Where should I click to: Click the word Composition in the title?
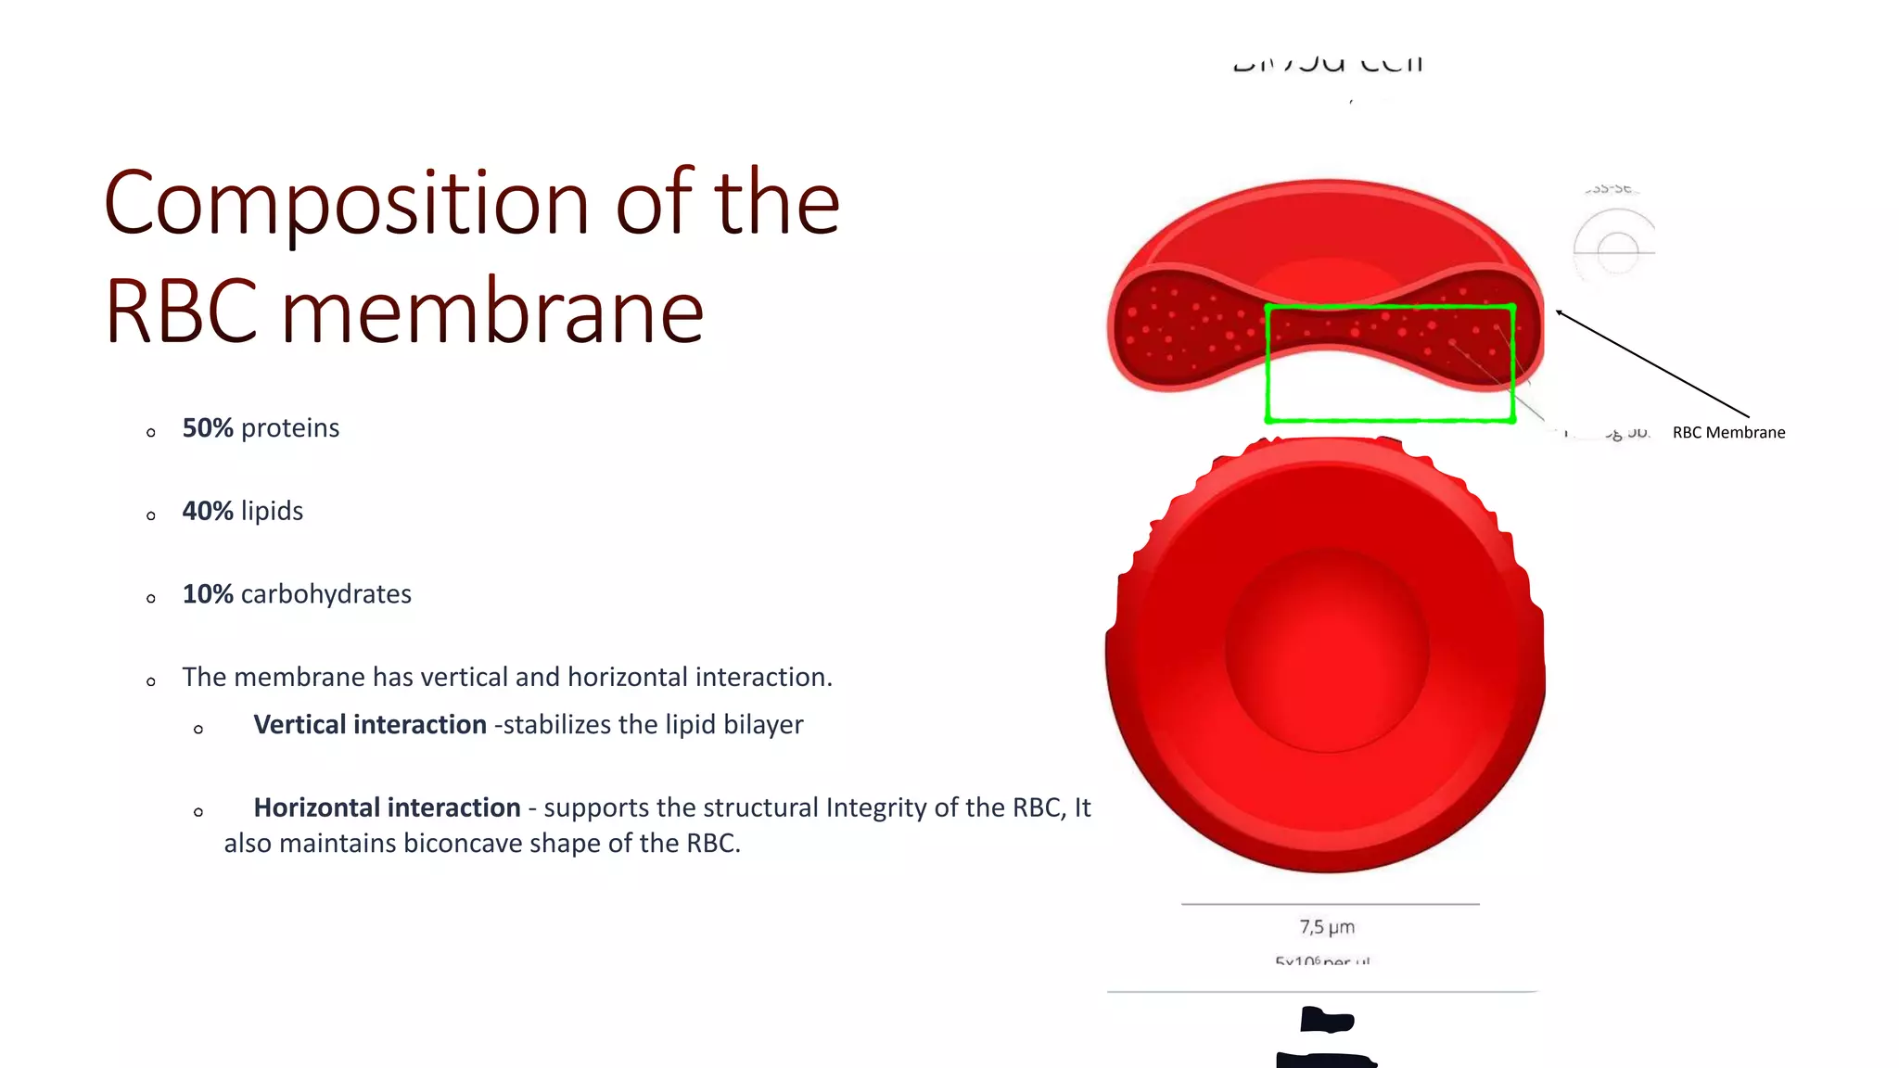coord(345,204)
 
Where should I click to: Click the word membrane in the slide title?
coord(492,312)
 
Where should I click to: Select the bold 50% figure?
coord(207,428)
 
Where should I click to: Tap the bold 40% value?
coord(207,511)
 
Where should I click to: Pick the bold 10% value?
coord(207,594)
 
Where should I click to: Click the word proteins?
coord(290,428)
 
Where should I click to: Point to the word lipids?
coord(272,511)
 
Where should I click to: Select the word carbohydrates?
coord(325,594)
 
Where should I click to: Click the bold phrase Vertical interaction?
coord(369,725)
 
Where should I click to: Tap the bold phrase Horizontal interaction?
coord(387,807)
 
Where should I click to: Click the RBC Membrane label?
coord(1728,433)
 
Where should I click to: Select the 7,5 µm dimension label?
coord(1327,927)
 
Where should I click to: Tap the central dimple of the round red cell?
coord(1327,649)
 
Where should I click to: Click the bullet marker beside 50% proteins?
coord(151,433)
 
